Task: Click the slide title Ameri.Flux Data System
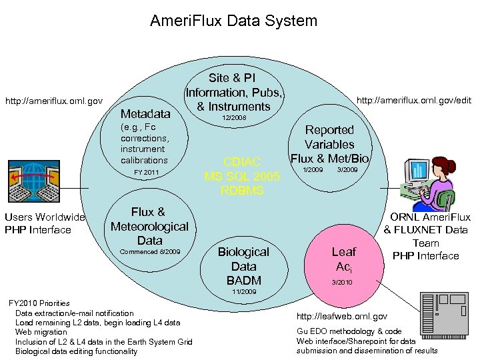pyautogui.click(x=233, y=21)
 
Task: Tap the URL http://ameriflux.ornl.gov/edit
pyautogui.click(x=414, y=100)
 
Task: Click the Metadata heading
pyautogui.click(x=145, y=114)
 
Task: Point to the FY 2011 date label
pyautogui.click(x=147, y=173)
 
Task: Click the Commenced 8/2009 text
pyautogui.click(x=149, y=252)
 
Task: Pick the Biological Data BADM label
pyautogui.click(x=243, y=266)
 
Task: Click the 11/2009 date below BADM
pyautogui.click(x=244, y=292)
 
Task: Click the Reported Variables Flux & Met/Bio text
pyautogui.click(x=329, y=144)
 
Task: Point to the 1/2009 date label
pyautogui.click(x=313, y=170)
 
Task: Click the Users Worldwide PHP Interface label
pyautogui.click(x=45, y=223)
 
